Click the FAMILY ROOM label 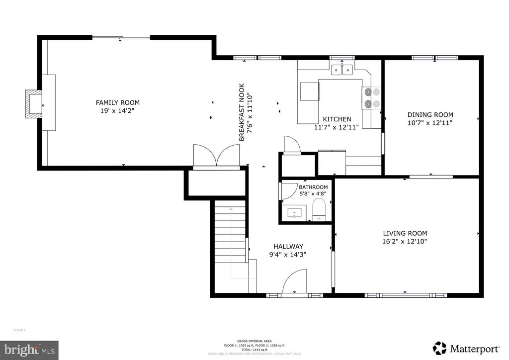118,102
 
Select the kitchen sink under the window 342,70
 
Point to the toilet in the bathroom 319,209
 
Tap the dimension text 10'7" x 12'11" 430,122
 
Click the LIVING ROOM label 405,233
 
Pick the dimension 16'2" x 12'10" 405,242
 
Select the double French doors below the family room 216,156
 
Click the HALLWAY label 288,246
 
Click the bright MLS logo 29,350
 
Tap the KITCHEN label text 337,119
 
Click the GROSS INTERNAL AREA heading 254,341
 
